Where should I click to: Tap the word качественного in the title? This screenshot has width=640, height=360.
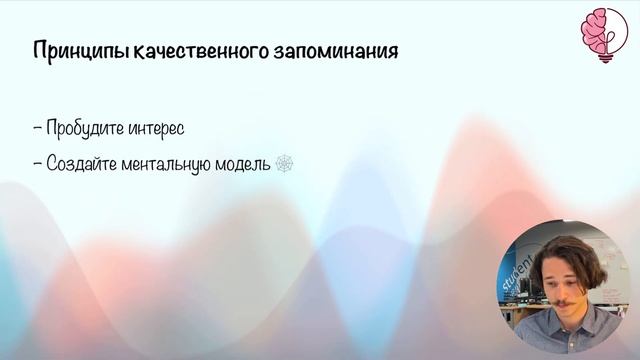tap(191, 51)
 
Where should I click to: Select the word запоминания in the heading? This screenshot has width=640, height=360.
tap(335, 51)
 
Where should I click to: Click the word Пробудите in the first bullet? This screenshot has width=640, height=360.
tap(95, 130)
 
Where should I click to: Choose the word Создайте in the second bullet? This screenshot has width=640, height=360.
tap(91, 163)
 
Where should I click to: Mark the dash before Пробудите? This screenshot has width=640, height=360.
tap(37, 130)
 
